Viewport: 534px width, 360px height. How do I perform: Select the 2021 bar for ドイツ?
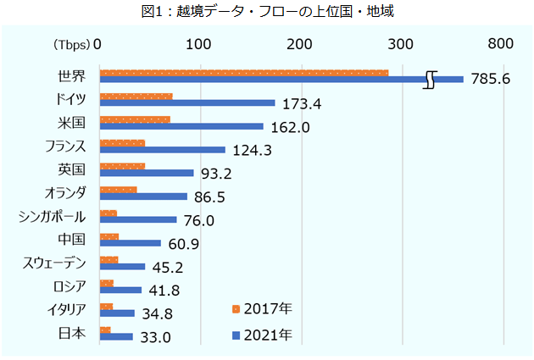pos(186,103)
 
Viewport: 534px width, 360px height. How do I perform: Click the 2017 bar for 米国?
pos(134,119)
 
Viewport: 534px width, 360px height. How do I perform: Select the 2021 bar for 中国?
pos(130,243)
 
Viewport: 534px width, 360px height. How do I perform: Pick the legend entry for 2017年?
pos(263,308)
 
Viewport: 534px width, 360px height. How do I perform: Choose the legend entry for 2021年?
pos(263,335)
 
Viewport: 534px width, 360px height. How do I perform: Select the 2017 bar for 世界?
pos(243,72)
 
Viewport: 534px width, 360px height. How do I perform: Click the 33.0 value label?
pos(157,337)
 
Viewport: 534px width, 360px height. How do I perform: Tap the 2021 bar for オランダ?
pos(142,197)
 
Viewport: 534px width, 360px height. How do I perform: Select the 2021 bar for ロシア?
pos(120,290)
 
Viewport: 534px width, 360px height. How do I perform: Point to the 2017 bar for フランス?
pos(122,143)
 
